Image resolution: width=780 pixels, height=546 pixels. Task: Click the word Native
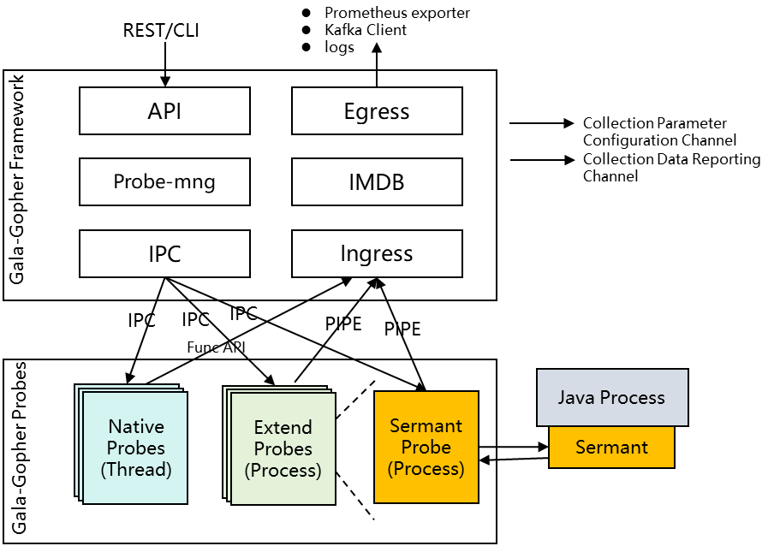click(x=136, y=426)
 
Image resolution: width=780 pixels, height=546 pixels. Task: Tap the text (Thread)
click(x=136, y=469)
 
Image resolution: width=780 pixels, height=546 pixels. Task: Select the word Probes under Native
click(x=136, y=448)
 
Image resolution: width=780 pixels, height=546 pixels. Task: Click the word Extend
click(x=283, y=427)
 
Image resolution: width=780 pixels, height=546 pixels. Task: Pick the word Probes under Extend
click(x=283, y=448)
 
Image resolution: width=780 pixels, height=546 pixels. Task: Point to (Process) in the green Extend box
click(x=283, y=470)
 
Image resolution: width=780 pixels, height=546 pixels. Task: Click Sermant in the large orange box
click(x=426, y=425)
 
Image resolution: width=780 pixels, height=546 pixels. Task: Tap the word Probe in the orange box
click(x=426, y=447)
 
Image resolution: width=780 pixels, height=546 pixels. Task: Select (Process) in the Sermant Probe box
click(x=426, y=468)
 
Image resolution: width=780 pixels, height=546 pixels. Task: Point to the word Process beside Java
click(x=632, y=397)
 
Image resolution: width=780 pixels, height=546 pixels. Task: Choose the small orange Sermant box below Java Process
click(x=611, y=447)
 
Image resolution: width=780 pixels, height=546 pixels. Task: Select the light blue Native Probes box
click(x=135, y=488)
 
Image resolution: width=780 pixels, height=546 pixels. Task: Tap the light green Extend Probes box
click(x=283, y=490)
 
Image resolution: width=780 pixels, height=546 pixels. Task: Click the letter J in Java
click(x=562, y=397)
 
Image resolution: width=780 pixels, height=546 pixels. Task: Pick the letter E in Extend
click(x=259, y=427)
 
